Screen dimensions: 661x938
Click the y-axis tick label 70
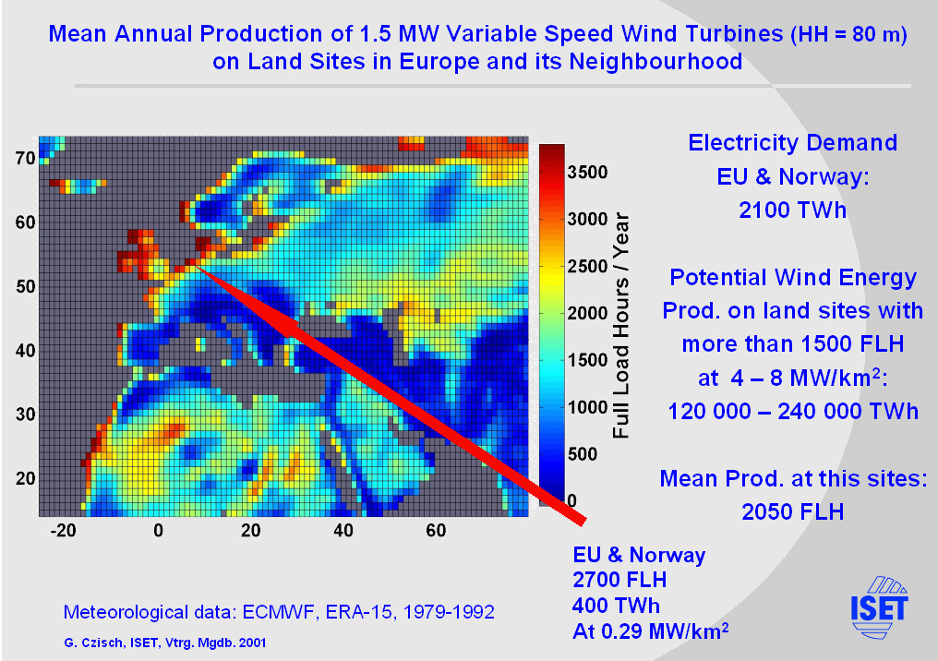25,158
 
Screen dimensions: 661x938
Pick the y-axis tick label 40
25,351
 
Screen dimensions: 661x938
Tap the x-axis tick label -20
63,531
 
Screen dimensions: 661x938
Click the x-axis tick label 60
437,531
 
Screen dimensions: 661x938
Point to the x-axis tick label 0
159,531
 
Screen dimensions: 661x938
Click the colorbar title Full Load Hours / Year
620,325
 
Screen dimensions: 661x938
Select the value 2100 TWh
792,210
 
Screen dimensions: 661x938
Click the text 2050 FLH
792,511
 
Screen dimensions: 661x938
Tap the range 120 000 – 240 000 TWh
792,411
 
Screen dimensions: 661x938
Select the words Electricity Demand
792,143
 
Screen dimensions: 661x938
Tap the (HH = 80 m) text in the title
848,36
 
